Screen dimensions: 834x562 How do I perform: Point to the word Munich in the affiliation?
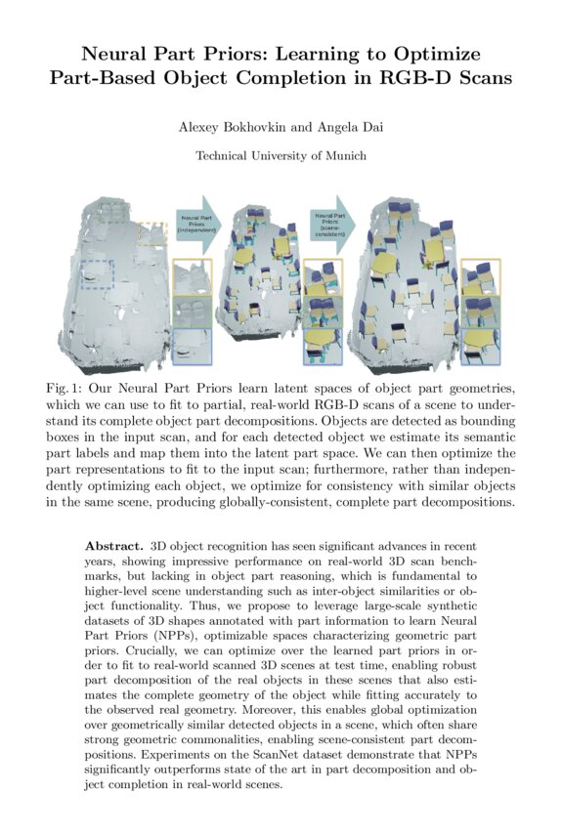344,155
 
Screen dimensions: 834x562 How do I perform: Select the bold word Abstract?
113,542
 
